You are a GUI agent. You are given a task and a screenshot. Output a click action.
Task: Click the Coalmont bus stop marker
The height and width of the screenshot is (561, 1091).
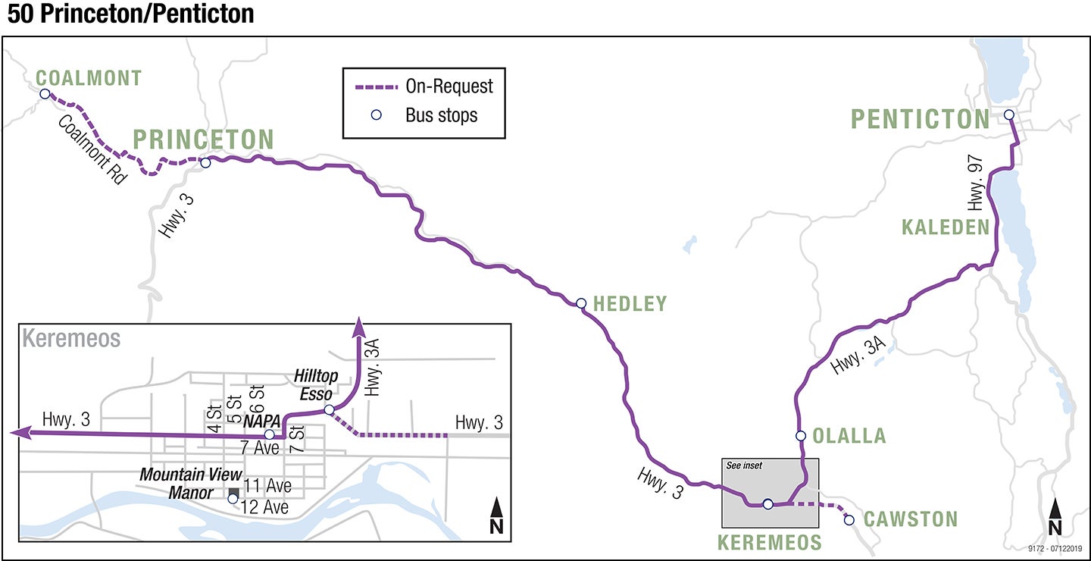click(x=45, y=94)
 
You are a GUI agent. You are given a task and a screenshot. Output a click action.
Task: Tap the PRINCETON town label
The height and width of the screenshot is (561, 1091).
click(x=203, y=139)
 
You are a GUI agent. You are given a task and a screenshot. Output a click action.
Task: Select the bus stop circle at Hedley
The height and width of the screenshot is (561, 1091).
click(x=581, y=303)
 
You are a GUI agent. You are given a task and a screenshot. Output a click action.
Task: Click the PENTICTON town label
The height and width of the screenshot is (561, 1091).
click(x=920, y=119)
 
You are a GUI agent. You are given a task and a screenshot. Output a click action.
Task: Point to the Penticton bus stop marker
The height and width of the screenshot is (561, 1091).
click(x=1008, y=115)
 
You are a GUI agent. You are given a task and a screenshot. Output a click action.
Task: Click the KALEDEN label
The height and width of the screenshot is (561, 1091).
click(x=946, y=227)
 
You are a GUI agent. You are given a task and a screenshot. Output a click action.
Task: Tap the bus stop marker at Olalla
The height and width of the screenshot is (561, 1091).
click(x=801, y=435)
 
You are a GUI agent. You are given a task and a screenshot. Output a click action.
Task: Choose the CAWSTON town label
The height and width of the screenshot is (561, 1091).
click(x=911, y=519)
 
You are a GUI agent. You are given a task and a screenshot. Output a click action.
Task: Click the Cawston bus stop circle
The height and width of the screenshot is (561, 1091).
click(x=849, y=520)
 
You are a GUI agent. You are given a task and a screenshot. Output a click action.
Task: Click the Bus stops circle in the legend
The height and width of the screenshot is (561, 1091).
click(x=375, y=116)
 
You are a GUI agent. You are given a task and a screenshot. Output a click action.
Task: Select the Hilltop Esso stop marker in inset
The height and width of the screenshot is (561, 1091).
click(x=329, y=410)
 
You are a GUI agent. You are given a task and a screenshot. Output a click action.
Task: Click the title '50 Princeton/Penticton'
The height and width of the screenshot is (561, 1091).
click(x=130, y=14)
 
